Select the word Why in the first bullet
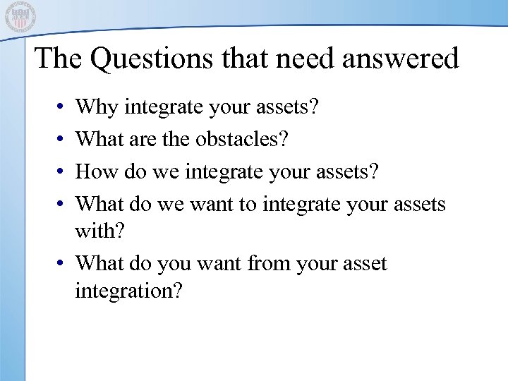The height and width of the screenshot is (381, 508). pos(97,109)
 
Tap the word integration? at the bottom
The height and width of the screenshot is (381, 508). pos(128,291)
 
